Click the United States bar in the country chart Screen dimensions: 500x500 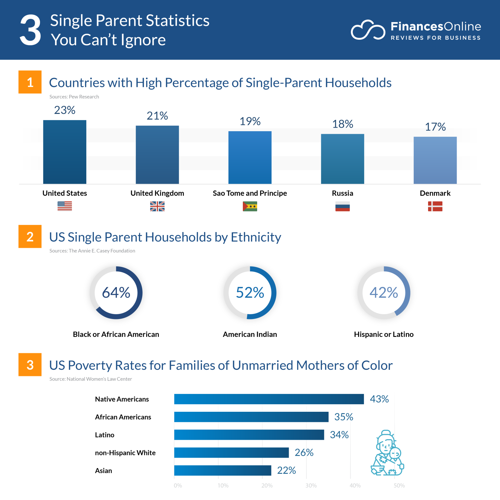coord(65,152)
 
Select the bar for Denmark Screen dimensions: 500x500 coord(435,160)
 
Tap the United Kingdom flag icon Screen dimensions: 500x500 coord(157,206)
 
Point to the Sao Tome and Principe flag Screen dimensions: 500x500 coord(250,206)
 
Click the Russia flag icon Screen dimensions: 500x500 coord(342,206)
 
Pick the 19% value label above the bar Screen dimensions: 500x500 coord(250,121)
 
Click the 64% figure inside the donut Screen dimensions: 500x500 coord(116,293)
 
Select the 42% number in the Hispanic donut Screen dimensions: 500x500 coord(383,293)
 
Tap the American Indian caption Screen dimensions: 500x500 coord(250,334)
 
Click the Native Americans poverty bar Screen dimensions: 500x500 coord(269,399)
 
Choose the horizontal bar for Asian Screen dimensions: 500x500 coord(223,470)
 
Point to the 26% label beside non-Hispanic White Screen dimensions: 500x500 coord(304,452)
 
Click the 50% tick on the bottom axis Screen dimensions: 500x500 coord(399,486)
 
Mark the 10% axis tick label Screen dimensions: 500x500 coord(223,486)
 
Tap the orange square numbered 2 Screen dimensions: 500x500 coord(30,237)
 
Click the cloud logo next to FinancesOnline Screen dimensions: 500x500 coord(368,31)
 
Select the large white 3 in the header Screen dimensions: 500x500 coord(30,31)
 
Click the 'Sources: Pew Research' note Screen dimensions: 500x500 coord(74,97)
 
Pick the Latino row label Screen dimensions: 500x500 coord(104,435)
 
